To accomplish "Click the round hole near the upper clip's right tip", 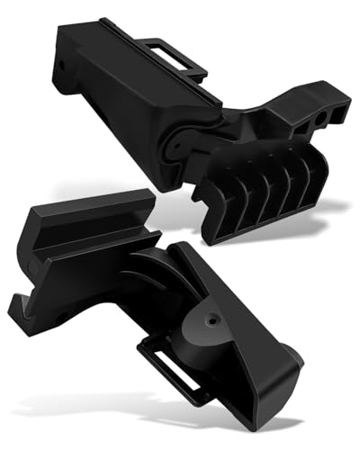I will point(321,118).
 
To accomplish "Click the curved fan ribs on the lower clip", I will point(157,279).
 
